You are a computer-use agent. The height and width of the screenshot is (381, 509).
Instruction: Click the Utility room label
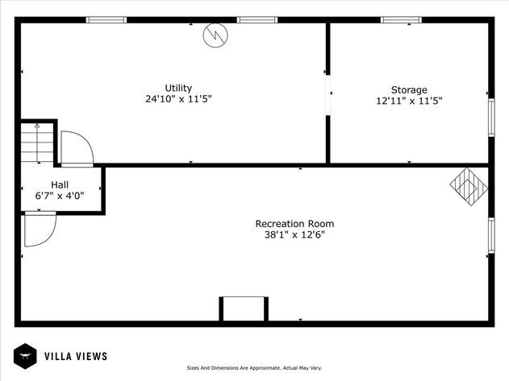[178, 88]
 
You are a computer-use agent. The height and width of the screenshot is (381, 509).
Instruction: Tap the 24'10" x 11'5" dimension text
[178, 100]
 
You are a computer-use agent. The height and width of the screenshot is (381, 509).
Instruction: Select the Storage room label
[409, 89]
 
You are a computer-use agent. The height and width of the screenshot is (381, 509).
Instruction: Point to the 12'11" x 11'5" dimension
[409, 101]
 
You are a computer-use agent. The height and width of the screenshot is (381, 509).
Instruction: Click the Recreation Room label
[294, 224]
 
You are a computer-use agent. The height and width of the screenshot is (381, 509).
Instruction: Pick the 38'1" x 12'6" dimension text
[294, 236]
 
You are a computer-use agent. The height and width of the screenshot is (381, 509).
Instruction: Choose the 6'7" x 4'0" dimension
[60, 196]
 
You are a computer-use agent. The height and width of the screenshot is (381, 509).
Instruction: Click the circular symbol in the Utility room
[216, 35]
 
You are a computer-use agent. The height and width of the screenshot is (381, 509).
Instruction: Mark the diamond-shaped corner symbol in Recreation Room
[469, 187]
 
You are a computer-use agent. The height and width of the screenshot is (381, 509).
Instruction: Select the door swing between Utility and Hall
[76, 147]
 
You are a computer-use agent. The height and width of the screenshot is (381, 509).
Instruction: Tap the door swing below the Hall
[40, 229]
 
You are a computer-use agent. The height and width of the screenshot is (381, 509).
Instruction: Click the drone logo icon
[24, 356]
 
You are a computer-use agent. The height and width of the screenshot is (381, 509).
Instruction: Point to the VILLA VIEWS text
[75, 356]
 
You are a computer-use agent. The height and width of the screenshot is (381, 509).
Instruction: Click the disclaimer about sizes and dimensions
[254, 368]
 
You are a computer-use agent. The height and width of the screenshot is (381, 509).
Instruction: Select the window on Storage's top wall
[401, 19]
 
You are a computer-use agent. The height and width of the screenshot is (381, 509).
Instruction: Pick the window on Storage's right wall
[490, 113]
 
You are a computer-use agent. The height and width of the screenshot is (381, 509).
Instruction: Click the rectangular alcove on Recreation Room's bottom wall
[243, 309]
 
